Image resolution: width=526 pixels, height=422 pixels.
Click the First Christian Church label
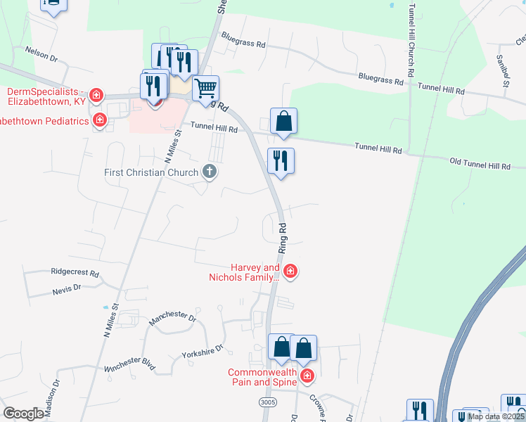coord(151,172)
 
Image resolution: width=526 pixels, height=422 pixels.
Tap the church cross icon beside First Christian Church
coord(209,171)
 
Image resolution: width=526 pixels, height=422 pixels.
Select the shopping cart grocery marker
coord(205,89)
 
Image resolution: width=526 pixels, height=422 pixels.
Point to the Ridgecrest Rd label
coord(75,271)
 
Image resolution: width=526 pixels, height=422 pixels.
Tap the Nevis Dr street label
coord(67,288)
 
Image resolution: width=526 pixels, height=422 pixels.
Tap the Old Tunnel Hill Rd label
coord(480,165)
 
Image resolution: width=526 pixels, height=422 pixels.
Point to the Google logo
coord(23,414)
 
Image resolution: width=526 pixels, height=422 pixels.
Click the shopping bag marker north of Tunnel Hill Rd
coord(283,121)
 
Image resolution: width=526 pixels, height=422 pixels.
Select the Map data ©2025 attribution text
coord(496,416)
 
